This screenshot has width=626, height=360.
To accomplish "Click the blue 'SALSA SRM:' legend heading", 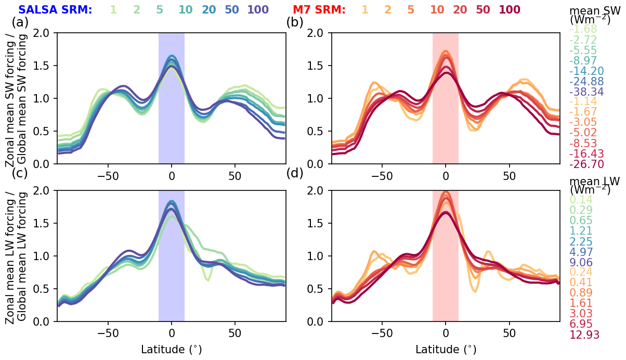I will (55, 9).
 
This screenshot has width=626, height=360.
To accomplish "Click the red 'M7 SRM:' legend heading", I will (319, 9).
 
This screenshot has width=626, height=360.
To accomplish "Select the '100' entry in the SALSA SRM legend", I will (258, 9).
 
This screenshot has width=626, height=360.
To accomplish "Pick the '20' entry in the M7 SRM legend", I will (460, 9).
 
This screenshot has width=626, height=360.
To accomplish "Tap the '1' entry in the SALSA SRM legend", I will (113, 9).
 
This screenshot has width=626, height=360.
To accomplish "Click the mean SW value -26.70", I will (585, 164).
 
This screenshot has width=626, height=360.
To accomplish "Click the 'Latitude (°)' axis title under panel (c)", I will (172, 349).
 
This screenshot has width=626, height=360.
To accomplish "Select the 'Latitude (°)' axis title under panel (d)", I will (446, 349).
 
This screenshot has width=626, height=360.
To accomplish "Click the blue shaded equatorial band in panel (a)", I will (172, 130).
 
